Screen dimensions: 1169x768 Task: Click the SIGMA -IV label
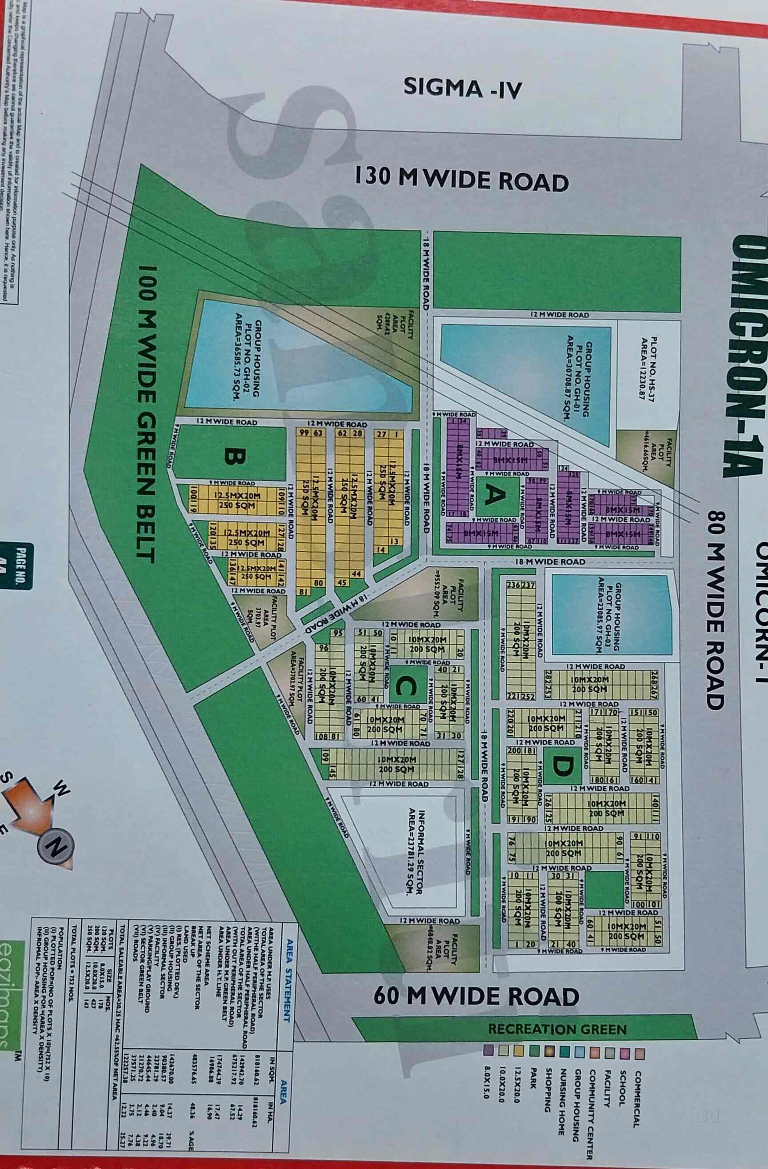click(x=462, y=88)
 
